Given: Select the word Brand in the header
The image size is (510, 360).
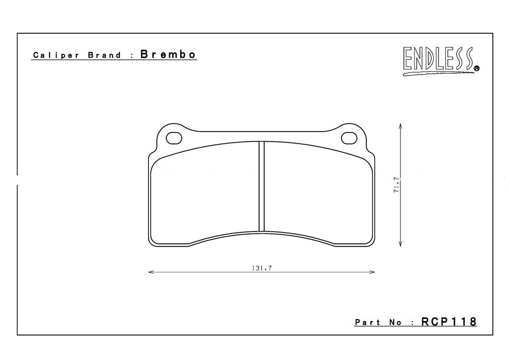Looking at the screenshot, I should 104,55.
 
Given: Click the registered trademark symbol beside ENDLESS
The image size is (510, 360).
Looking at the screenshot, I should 476,68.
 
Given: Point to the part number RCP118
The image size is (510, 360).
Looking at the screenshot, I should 449,322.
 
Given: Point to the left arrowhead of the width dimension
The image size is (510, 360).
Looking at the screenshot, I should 150,272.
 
